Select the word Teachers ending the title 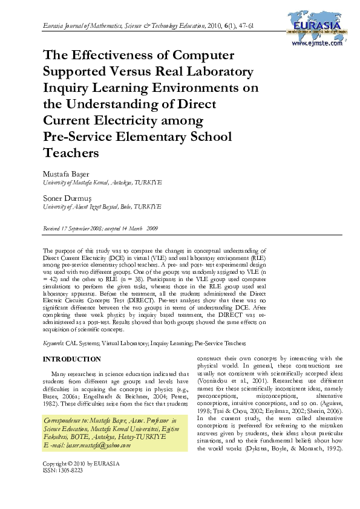(x=71, y=153)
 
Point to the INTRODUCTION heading (x=71, y=359)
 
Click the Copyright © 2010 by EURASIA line (x=81, y=464)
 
